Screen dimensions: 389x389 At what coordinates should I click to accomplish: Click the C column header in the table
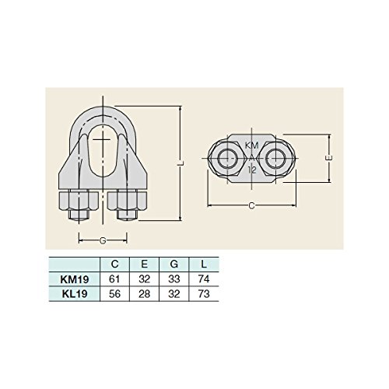click(x=114, y=264)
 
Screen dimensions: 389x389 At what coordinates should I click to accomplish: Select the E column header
click(x=145, y=264)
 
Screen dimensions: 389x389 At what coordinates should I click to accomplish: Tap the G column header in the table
click(x=174, y=264)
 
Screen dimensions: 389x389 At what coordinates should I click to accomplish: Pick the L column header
click(x=204, y=264)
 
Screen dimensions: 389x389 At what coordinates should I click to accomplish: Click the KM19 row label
click(x=75, y=279)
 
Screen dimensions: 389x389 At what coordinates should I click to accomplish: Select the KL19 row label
click(x=75, y=294)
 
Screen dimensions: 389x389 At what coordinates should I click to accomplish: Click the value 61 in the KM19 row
click(x=114, y=279)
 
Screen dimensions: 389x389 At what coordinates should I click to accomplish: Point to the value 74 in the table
click(x=204, y=279)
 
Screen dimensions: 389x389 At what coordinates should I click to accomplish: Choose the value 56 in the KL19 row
click(x=114, y=294)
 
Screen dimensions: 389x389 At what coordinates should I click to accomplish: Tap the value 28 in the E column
click(x=145, y=294)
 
